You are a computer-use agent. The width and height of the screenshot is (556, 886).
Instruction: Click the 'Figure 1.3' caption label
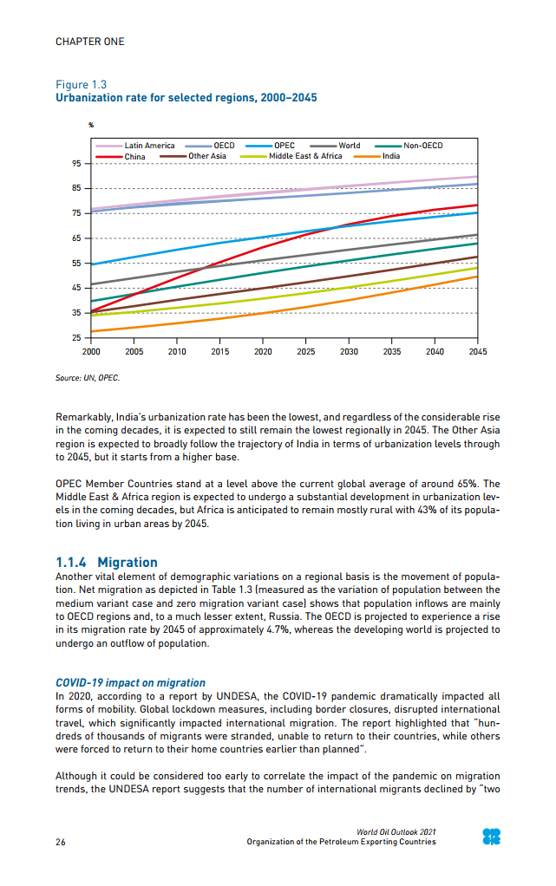coord(81,85)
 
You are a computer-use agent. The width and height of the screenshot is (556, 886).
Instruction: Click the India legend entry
coord(390,156)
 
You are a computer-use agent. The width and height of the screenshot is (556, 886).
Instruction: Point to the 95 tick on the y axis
coord(76,164)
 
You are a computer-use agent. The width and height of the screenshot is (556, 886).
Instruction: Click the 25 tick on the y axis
coord(76,337)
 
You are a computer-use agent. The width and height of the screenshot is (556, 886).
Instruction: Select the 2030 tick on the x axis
coord(349,352)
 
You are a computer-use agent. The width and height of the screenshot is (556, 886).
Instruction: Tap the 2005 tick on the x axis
coord(134,352)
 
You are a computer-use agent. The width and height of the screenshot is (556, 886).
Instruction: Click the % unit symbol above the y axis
coord(91,127)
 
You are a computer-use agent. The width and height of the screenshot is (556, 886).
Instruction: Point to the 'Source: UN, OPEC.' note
coord(88,378)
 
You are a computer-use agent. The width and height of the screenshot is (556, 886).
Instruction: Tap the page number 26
coord(61,842)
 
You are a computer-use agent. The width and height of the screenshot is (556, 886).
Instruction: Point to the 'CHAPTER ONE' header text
coord(89,42)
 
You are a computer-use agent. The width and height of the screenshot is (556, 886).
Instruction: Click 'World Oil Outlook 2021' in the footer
coord(396,832)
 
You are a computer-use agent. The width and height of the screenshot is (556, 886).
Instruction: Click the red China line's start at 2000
coord(91,311)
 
